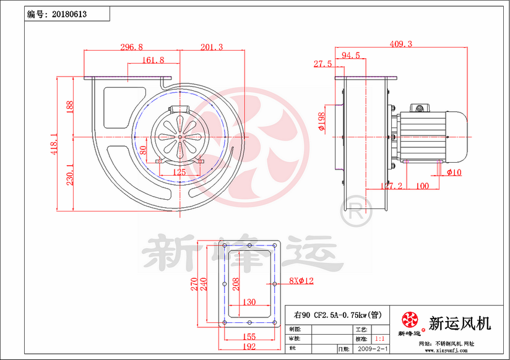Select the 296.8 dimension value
[x=131, y=47]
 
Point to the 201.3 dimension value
[x=212, y=47]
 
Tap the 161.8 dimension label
[x=153, y=61]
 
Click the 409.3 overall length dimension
[x=401, y=44]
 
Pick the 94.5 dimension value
[x=350, y=56]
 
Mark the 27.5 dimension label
[x=323, y=64]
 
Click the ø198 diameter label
[x=321, y=122]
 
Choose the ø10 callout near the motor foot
[x=454, y=173]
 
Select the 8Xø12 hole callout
[x=301, y=281]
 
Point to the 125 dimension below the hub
[x=179, y=172]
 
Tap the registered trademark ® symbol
[x=353, y=210]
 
